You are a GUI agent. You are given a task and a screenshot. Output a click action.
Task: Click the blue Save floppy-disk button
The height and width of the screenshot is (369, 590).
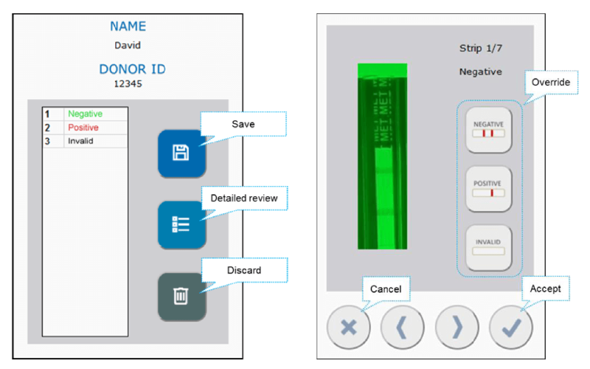click(x=181, y=153)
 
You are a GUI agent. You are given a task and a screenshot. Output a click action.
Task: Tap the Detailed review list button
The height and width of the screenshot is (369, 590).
click(x=181, y=224)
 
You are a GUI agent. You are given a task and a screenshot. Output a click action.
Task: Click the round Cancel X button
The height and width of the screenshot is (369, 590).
click(x=349, y=325)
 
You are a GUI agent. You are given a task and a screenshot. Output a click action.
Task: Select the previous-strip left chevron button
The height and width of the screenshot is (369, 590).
click(x=403, y=325)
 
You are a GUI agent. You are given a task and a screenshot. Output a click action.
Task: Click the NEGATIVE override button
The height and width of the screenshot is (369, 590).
click(x=488, y=130)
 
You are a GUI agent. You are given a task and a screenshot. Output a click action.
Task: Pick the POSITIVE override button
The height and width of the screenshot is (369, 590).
click(x=488, y=188)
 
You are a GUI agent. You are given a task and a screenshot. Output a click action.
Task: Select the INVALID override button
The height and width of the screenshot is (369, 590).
click(x=488, y=246)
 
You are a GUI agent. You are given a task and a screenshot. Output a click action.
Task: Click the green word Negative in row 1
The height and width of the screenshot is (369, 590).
click(x=85, y=114)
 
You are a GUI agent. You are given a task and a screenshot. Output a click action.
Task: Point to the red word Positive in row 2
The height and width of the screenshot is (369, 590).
click(x=83, y=128)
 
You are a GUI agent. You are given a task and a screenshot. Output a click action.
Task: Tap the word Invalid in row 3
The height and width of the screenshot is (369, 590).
click(x=80, y=141)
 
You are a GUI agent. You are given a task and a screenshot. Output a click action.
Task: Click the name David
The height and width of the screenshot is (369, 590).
click(x=127, y=46)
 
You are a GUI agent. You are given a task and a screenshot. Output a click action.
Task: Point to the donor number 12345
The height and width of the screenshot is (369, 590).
click(x=127, y=83)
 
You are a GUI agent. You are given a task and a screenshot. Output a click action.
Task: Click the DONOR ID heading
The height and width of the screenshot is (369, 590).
click(x=133, y=69)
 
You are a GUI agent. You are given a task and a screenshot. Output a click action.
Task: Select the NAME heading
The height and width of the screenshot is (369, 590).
click(x=128, y=27)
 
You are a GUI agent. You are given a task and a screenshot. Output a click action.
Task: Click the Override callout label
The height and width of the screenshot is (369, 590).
click(x=550, y=83)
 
